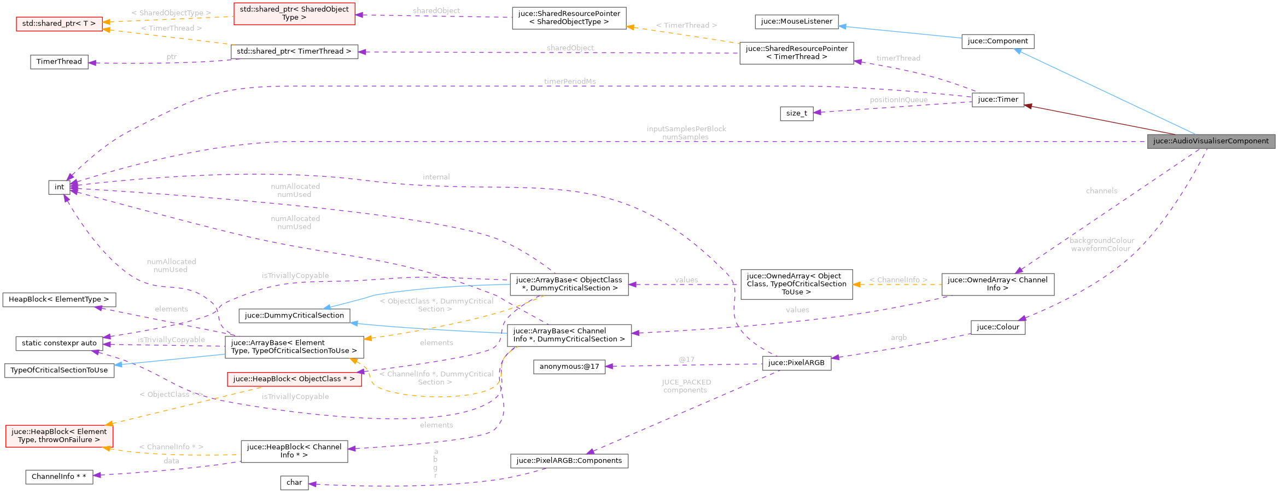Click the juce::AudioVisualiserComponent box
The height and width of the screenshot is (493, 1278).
click(1211, 141)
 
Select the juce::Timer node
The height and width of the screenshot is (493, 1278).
click(997, 100)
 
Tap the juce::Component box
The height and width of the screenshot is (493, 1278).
click(997, 41)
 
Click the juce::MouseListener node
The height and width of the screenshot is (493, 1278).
click(796, 21)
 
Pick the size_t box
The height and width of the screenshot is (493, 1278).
click(796, 113)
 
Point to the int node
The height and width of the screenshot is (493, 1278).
click(59, 187)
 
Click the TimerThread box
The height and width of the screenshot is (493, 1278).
click(59, 62)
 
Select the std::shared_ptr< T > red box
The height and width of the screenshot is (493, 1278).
click(59, 24)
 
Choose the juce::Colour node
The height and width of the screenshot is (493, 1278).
click(997, 327)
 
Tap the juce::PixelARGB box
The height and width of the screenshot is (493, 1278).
click(796, 363)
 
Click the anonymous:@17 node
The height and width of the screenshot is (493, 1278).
click(569, 367)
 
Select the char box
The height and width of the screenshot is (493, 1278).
click(294, 483)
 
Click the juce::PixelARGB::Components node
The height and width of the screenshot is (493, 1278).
click(569, 461)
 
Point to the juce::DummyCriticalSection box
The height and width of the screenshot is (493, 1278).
click(294, 316)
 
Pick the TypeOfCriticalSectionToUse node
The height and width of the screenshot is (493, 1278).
click(59, 370)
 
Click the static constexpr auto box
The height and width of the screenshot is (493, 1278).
click(59, 343)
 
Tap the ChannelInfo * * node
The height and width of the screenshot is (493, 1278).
click(59, 477)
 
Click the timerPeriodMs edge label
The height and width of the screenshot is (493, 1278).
click(570, 82)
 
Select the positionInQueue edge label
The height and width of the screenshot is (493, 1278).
click(898, 100)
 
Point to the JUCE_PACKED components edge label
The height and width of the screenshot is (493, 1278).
click(686, 386)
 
